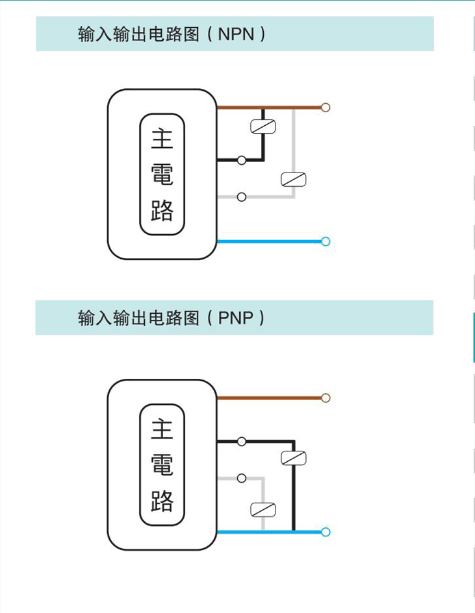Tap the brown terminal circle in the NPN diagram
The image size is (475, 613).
pos(326,107)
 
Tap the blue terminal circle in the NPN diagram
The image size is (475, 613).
pos(326,242)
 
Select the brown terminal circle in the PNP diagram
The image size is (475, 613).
pos(326,398)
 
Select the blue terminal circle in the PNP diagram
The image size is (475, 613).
pos(326,533)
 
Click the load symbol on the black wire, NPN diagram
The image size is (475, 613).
pos(263,126)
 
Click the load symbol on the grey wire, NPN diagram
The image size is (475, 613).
pos(293,180)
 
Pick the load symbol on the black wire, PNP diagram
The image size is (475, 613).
pos(293,458)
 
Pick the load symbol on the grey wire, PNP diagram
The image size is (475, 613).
pos(263,509)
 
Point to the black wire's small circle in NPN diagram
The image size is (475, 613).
pos(242,160)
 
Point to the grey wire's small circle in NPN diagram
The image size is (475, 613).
pos(242,197)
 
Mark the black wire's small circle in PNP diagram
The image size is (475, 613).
pos(242,442)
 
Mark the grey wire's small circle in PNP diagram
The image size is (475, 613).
pos(242,479)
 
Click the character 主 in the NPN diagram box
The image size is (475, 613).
pos(162,139)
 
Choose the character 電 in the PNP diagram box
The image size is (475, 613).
pos(162,465)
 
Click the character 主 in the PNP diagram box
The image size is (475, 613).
pos(162,429)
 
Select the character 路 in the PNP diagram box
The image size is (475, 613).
pos(162,501)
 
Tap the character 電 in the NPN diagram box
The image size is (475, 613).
pos(162,175)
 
